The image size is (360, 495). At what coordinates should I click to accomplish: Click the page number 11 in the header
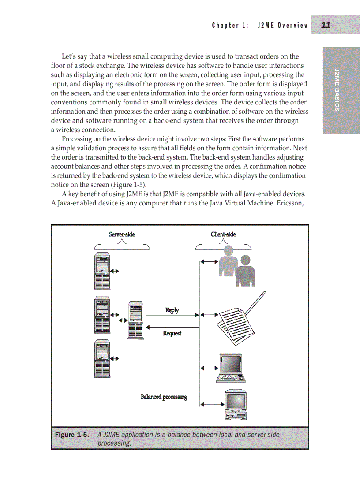326,25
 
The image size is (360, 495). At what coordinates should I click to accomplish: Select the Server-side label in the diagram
122,234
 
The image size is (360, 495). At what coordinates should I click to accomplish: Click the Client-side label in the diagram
223,234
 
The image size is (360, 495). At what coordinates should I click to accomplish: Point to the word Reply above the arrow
172,310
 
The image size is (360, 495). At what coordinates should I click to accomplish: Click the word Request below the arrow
172,333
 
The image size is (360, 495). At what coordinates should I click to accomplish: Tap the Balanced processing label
164,397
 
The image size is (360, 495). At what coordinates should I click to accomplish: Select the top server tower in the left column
102,272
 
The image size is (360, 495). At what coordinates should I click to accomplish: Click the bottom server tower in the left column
102,358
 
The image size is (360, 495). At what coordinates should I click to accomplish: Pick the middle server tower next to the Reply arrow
135,320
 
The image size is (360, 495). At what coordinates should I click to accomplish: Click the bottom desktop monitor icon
235,405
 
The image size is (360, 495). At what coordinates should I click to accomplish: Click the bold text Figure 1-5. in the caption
72,435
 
